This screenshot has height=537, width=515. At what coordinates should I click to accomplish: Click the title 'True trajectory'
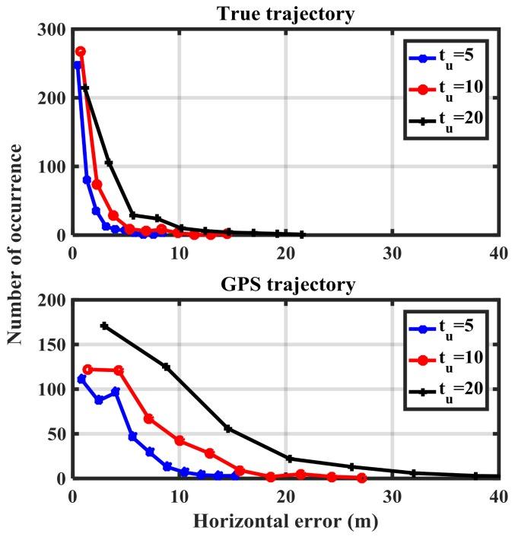click(286, 13)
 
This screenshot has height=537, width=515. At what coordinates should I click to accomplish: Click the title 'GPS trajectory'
click(286, 287)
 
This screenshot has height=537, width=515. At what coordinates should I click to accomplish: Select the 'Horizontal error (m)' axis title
click(286, 523)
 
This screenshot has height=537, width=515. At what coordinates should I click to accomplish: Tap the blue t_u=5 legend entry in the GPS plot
click(444, 330)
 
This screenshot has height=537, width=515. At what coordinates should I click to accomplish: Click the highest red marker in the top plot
click(81, 52)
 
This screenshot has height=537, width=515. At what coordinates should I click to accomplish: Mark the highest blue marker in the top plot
click(77, 65)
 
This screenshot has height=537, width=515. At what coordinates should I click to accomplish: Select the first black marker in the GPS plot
click(105, 326)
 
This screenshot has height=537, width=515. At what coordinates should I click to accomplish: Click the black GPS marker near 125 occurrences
click(166, 367)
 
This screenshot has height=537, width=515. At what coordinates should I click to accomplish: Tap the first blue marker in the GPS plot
click(81, 379)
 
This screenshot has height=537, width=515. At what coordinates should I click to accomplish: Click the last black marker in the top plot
click(302, 234)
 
